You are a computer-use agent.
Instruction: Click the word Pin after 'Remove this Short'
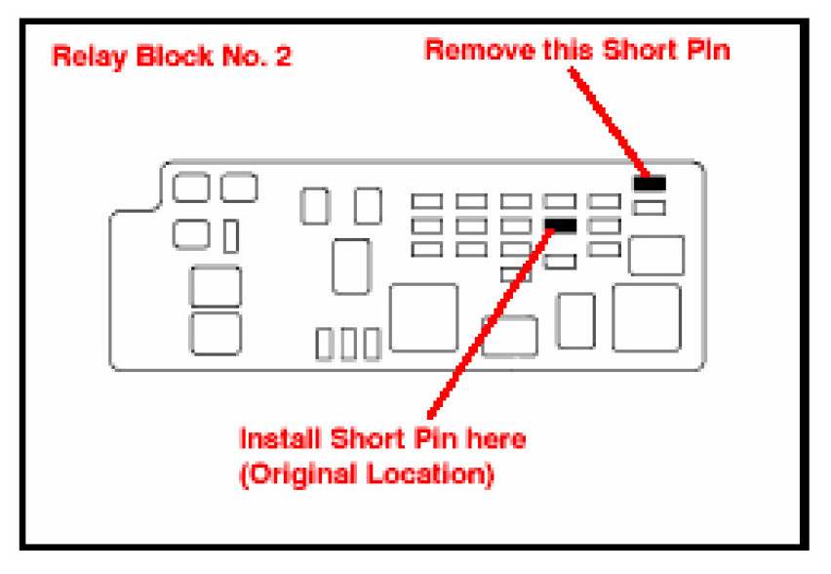[710, 50]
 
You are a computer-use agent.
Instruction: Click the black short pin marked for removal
[649, 183]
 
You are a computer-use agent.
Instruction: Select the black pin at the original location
[561, 225]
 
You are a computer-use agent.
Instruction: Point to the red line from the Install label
[488, 322]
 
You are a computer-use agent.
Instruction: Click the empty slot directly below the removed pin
[649, 207]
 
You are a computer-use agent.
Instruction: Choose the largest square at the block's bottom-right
[647, 317]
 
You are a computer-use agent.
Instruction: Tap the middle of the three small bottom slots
[347, 344]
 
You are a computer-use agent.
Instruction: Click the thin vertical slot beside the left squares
[231, 236]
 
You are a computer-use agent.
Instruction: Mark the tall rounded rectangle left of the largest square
[575, 319]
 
